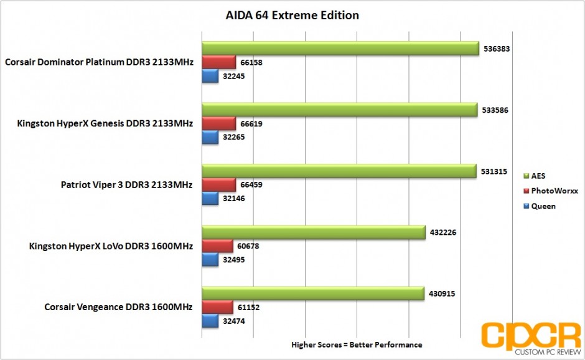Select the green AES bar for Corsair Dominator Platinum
pyautogui.click(x=340, y=49)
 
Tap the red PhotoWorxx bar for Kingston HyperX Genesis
pyautogui.click(x=218, y=124)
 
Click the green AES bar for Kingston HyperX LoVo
pyautogui.click(x=313, y=232)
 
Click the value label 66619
pyautogui.click(x=250, y=124)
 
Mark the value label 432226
pyautogui.click(x=442, y=232)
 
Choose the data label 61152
pyautogui.click(x=248, y=307)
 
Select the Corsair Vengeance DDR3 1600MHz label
pyautogui.click(x=118, y=307)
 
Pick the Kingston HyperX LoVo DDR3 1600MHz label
pyautogui.click(x=111, y=246)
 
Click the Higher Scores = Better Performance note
pyautogui.click(x=357, y=344)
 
